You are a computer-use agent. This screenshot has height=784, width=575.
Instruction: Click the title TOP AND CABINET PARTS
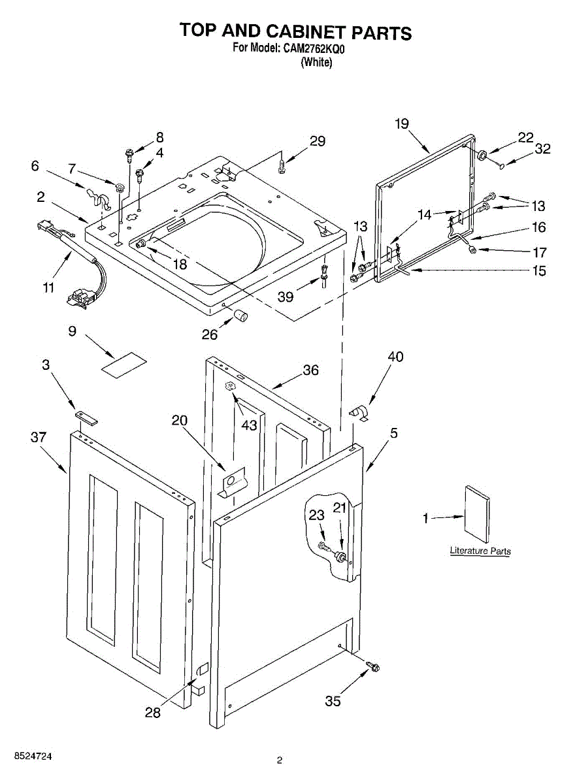pyautogui.click(x=296, y=31)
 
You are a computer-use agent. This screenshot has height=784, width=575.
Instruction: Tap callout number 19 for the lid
pyautogui.click(x=402, y=123)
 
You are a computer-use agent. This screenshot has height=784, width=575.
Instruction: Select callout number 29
pyautogui.click(x=318, y=141)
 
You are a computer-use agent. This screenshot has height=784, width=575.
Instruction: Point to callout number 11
pyautogui.click(x=49, y=287)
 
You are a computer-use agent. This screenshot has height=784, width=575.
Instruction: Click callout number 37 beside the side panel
pyautogui.click(x=39, y=437)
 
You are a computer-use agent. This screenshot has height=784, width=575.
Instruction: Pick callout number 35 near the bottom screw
pyautogui.click(x=333, y=701)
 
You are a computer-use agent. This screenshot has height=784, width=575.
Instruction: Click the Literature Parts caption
pyautogui.click(x=480, y=551)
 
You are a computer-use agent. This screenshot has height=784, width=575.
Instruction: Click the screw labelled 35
pyautogui.click(x=374, y=667)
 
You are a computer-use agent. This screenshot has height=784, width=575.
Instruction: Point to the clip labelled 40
pyautogui.click(x=359, y=414)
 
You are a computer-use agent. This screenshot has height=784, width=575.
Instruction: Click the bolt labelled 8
pyautogui.click(x=130, y=155)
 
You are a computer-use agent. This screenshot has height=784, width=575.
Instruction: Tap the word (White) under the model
pyautogui.click(x=316, y=63)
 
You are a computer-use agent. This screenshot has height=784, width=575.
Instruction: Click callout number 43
pyautogui.click(x=249, y=425)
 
